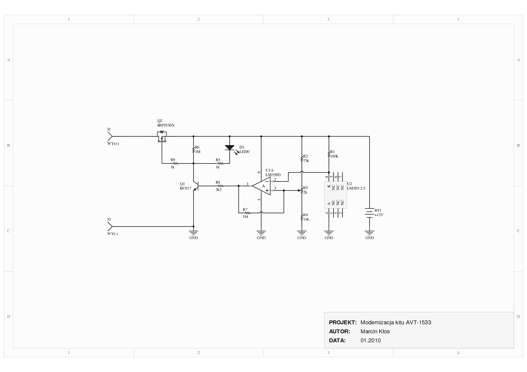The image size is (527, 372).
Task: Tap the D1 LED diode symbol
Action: point(230,148)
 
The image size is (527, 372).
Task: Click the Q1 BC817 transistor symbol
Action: point(196,186)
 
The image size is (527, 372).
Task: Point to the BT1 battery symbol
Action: point(369,213)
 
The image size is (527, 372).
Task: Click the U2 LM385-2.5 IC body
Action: point(335,195)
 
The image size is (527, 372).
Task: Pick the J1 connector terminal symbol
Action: point(110,136)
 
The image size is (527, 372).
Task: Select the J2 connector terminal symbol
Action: point(110,226)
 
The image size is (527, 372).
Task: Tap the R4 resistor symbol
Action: point(218,186)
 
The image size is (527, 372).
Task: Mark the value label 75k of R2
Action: point(306,161)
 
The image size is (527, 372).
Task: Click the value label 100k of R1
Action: point(334,156)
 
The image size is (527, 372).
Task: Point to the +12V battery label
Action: point(379,215)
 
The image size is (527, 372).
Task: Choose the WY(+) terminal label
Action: point(113,144)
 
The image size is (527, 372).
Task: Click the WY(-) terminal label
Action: point(113,234)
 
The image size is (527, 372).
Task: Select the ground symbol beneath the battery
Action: point(370,232)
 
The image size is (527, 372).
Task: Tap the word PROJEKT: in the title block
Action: point(343,322)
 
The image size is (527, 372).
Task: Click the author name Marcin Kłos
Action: point(375,331)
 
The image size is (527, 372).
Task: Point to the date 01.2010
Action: point(370,340)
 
